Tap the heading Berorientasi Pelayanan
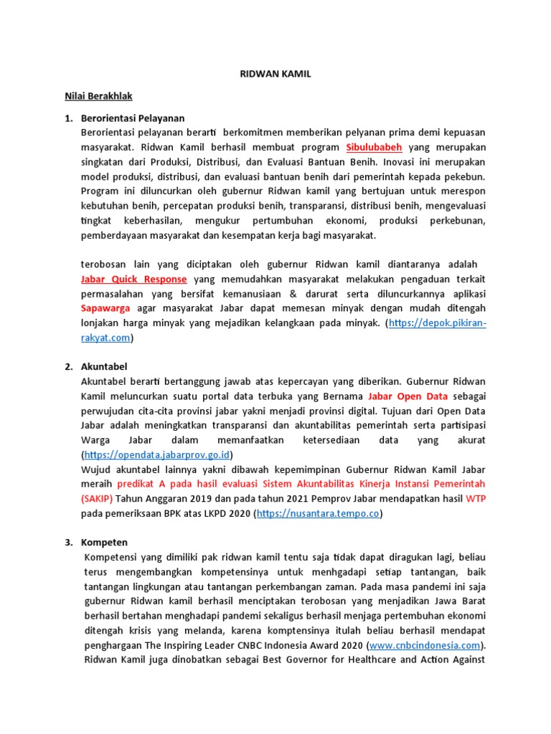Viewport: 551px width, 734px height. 134,118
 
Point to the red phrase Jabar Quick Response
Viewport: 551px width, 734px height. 135,279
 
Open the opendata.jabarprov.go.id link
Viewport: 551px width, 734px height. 159,455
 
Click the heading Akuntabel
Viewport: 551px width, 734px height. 105,366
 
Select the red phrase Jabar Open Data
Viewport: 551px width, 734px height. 408,396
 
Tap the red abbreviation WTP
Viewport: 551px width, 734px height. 476,499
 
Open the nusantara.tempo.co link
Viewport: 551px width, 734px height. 318,514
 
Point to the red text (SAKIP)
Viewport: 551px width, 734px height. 99,499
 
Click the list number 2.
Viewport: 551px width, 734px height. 69,366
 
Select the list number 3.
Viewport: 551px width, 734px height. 69,543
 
